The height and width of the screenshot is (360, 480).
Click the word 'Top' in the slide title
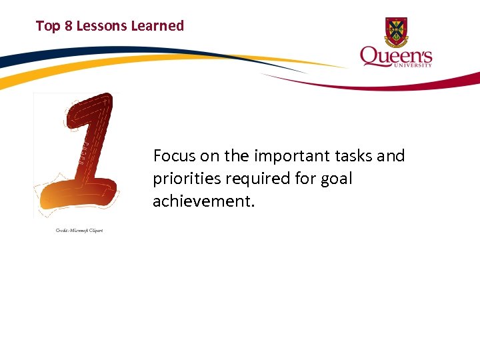click(48, 26)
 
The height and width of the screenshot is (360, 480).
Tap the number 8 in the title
click(68, 26)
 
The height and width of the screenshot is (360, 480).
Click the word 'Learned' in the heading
click(157, 26)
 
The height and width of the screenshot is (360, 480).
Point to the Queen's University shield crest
click(396, 31)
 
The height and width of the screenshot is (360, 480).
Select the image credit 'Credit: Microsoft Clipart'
click(79, 231)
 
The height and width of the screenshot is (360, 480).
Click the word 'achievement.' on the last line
click(203, 201)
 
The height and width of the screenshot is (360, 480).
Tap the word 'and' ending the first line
click(391, 156)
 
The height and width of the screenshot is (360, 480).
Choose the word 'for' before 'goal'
click(303, 179)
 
